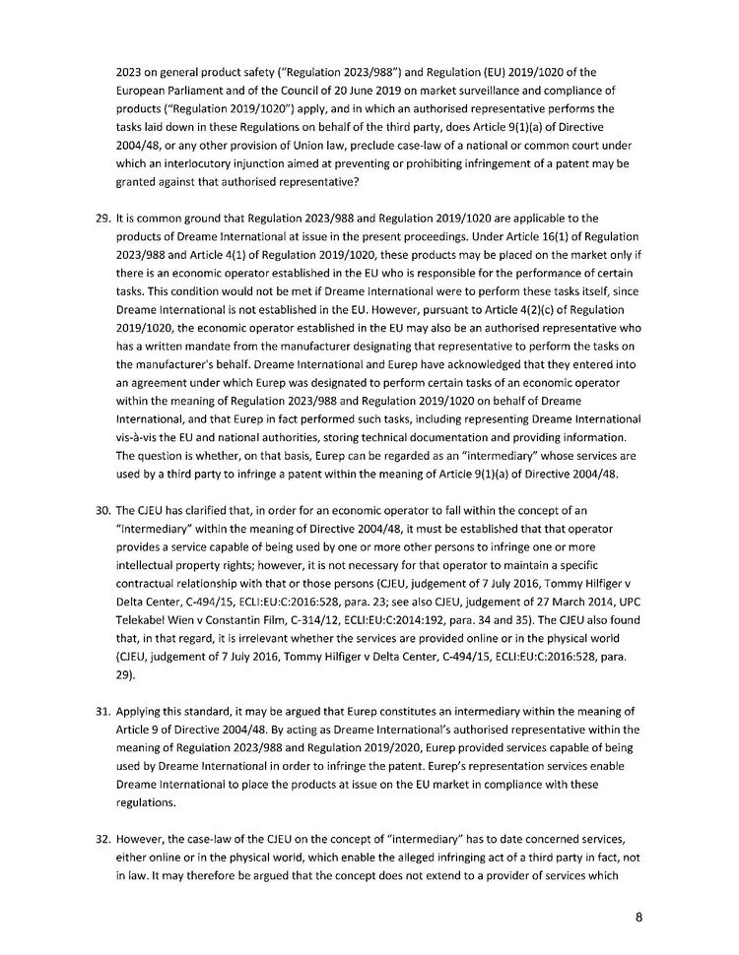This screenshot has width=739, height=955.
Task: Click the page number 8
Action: [x=638, y=917]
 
